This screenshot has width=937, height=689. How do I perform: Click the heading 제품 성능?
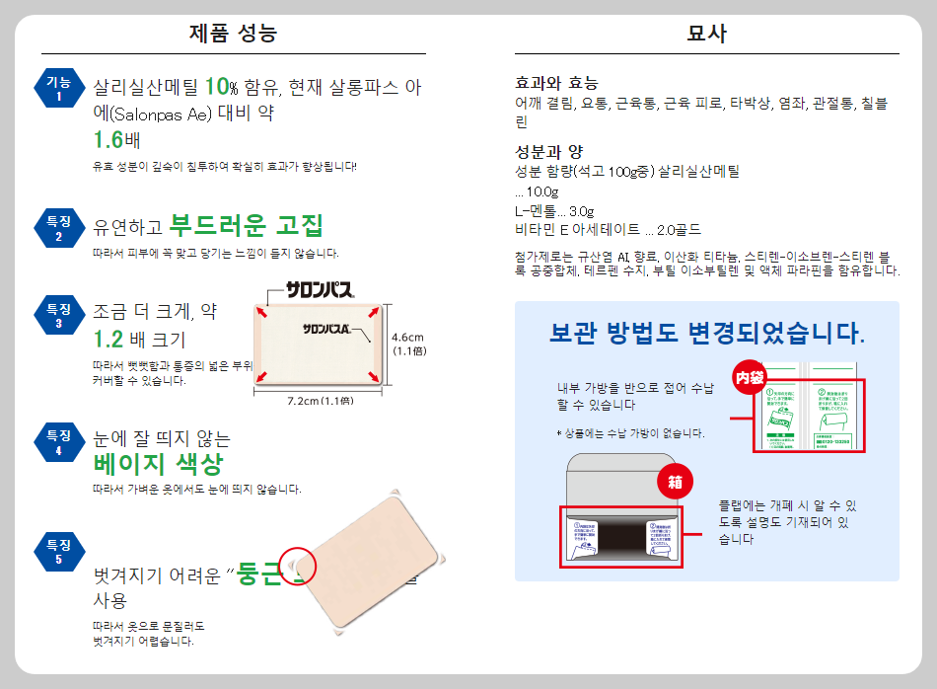233,34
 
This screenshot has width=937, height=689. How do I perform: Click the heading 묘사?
706,34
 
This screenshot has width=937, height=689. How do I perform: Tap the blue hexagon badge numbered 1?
58,89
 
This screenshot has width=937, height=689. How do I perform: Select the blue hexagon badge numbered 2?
58,228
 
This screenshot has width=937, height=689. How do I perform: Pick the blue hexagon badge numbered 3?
58,315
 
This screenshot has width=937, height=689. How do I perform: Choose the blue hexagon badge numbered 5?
58,551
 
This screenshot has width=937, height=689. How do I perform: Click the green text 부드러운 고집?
246,226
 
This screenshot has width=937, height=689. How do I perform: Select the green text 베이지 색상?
158,465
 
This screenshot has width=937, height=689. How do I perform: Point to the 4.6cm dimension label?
407,336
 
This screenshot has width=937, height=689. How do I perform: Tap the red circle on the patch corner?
297,566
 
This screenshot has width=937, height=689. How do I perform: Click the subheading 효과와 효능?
556,83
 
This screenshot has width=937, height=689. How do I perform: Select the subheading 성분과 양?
549,152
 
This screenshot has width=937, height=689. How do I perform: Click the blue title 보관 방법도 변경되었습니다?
706,334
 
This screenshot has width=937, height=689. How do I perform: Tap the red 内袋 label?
749,377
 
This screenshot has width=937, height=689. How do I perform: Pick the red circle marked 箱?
676,484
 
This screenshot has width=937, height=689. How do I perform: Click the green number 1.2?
108,341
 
